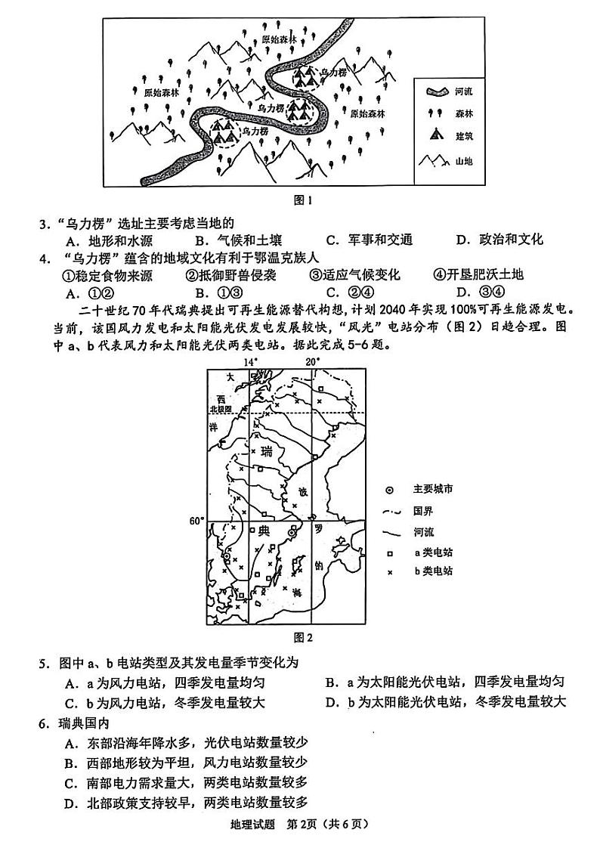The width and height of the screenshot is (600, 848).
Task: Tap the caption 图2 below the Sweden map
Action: (302, 636)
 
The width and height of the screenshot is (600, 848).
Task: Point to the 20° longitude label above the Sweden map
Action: (313, 362)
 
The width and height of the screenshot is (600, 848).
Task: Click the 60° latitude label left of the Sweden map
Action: (196, 521)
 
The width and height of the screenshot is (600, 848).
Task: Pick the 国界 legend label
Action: (423, 510)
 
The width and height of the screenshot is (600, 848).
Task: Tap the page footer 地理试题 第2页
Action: (300, 824)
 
